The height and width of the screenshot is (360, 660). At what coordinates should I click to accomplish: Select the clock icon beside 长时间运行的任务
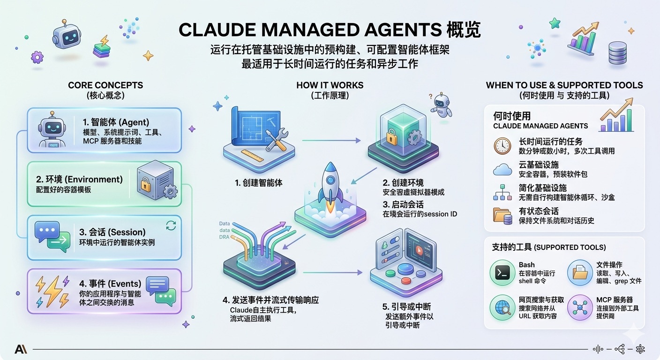pos(502,146)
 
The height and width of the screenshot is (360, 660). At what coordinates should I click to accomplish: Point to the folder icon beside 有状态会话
pos(502,215)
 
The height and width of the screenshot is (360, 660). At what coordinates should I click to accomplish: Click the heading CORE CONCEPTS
pos(105,85)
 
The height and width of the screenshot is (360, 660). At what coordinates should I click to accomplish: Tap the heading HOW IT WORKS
pos(330,85)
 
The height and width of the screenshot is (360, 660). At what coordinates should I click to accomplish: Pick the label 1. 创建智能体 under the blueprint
pos(259,183)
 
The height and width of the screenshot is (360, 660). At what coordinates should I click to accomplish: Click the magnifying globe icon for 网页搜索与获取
pos(502,307)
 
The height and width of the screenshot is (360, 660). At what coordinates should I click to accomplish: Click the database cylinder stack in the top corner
pos(618,53)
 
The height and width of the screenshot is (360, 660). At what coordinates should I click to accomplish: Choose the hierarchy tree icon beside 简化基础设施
pos(502,192)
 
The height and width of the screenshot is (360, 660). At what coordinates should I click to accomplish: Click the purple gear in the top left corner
pos(37,57)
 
